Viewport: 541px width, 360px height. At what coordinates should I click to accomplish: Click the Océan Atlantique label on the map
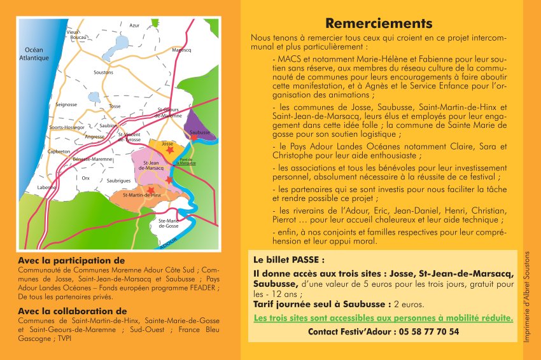(34, 54)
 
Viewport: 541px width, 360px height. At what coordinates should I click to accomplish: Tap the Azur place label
(134, 25)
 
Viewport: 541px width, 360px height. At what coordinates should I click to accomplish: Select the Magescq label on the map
(181, 50)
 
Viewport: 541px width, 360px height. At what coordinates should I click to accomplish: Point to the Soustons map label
(103, 73)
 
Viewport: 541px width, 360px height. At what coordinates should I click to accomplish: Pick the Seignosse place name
(66, 104)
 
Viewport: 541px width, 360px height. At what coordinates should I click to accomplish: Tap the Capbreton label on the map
(59, 151)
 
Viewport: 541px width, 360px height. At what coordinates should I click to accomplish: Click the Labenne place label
(46, 188)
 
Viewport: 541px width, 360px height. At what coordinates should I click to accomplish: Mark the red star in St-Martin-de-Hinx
(151, 190)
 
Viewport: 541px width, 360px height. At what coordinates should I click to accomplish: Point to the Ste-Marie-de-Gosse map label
(169, 222)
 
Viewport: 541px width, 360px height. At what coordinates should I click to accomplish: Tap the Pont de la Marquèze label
(187, 161)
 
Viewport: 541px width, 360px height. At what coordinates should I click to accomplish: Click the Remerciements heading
(379, 24)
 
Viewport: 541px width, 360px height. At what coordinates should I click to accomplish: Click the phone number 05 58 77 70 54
(427, 331)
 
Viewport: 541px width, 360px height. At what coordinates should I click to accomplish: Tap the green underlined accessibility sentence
(383, 317)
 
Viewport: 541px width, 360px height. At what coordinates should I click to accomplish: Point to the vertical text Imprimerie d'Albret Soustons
(528, 296)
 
